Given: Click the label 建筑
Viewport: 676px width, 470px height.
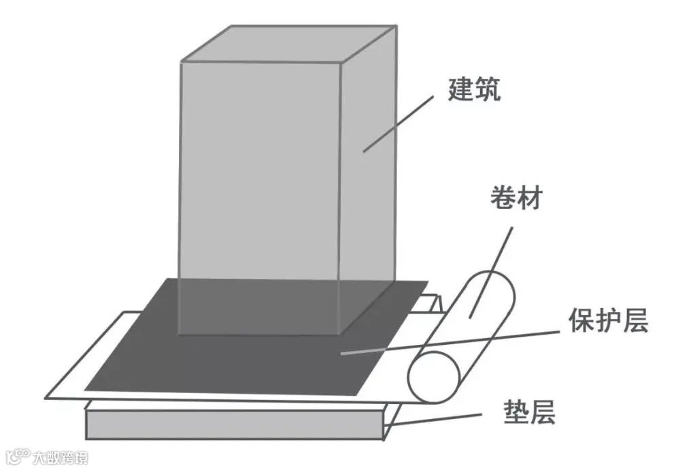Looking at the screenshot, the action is coord(474,90).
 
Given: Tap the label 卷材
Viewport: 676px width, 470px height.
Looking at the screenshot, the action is coord(516,198).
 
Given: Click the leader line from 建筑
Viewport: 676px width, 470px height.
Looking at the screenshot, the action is coord(398,123).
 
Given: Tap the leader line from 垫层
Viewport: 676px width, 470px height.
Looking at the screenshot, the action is coord(435,420).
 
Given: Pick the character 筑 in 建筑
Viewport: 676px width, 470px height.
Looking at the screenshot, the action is coord(488,90).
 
